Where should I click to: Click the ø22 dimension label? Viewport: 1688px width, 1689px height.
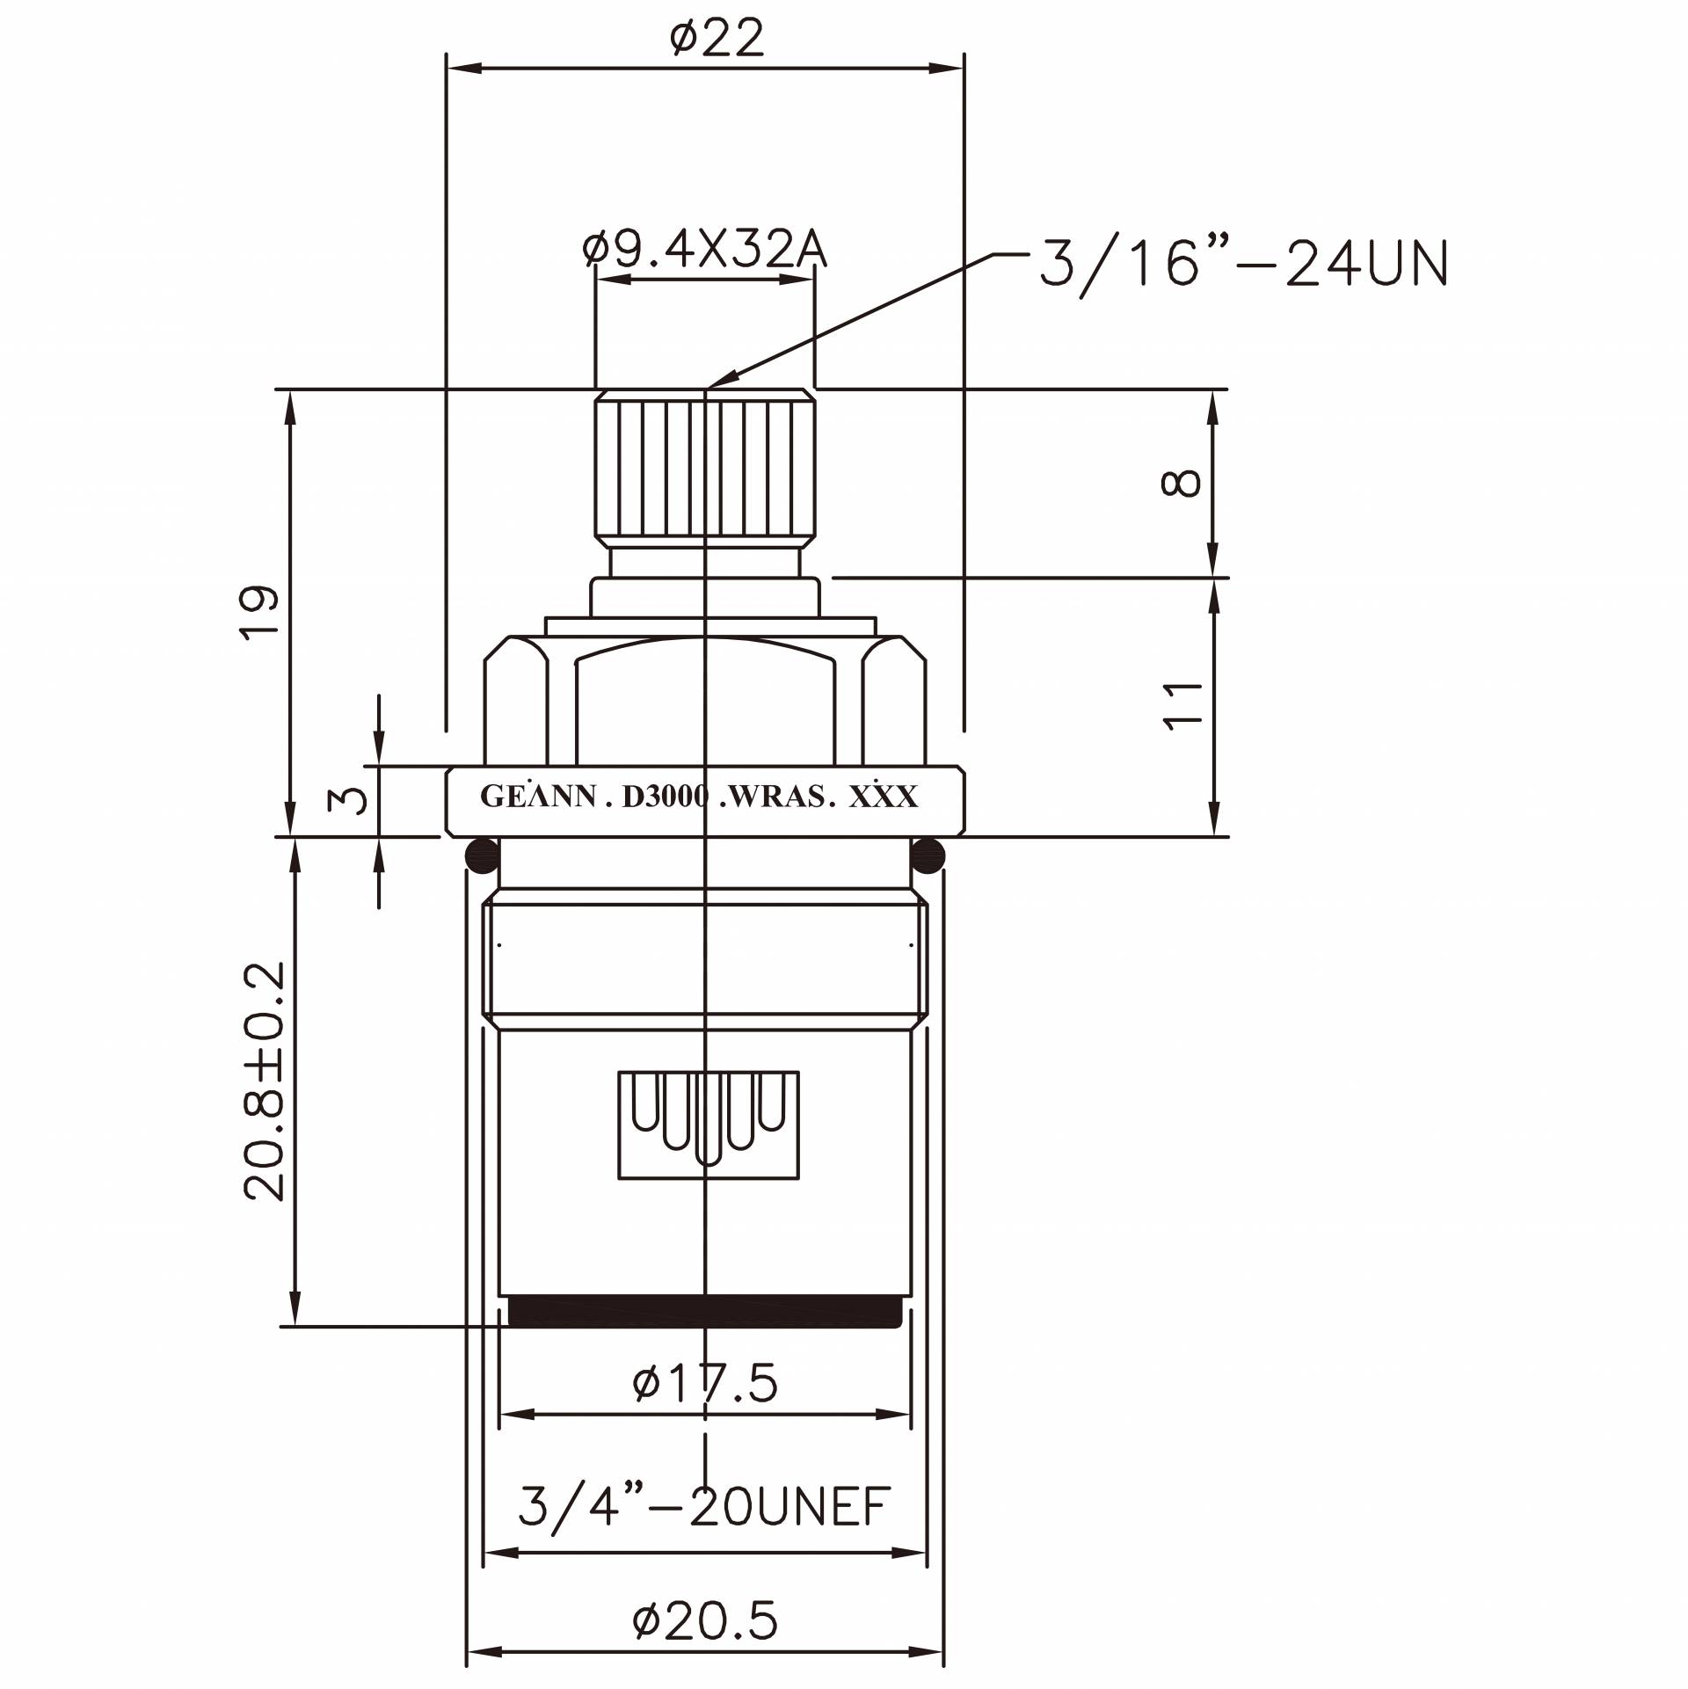tap(717, 39)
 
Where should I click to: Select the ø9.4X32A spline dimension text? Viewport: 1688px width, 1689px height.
tap(704, 251)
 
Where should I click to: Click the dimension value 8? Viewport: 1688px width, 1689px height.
tap(1181, 483)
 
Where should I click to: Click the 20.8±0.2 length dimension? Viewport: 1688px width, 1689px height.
tap(265, 1081)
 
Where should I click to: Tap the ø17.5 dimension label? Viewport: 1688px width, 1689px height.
tap(705, 1383)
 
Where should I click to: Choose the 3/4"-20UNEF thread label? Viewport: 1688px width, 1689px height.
tap(704, 1507)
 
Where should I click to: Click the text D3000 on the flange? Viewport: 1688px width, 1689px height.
tap(664, 797)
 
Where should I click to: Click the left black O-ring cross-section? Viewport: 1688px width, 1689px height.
tap(481, 855)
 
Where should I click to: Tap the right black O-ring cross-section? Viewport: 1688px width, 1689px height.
tap(928, 855)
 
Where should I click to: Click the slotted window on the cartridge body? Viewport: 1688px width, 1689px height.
tap(709, 1125)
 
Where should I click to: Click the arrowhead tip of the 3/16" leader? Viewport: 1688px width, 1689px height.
tap(707, 386)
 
